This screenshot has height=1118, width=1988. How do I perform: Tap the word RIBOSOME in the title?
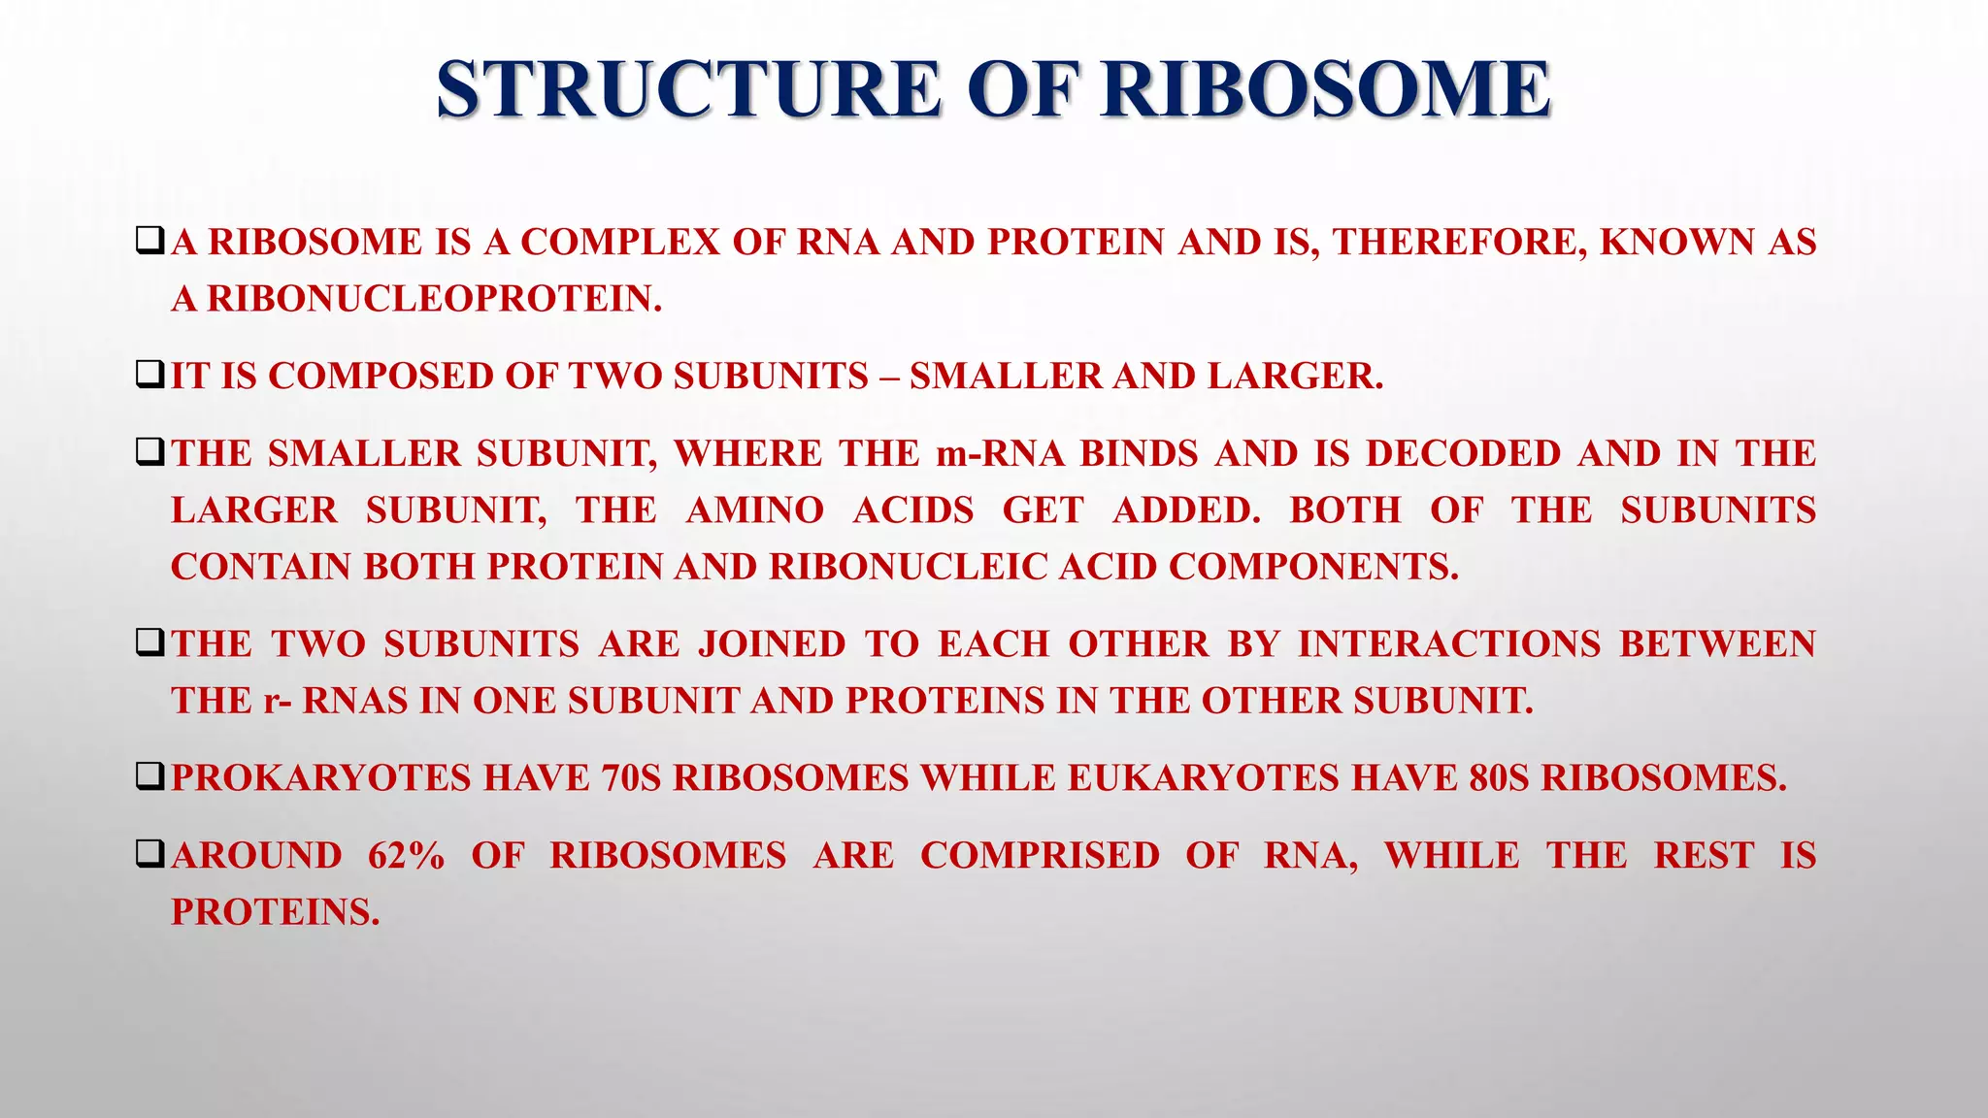click(x=1326, y=89)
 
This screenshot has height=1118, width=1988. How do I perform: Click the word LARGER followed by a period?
click(x=1295, y=377)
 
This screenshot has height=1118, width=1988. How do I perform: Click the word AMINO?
click(x=754, y=510)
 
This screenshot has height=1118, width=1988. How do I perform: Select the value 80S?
click(x=1499, y=778)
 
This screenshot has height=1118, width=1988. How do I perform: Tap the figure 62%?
click(x=406, y=856)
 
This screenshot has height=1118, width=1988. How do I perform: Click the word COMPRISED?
click(x=1040, y=856)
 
